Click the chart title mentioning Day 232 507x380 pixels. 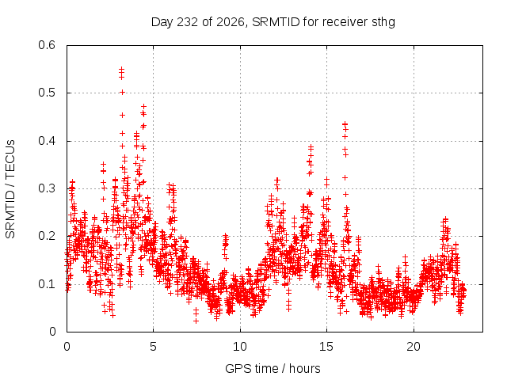pyautogui.click(x=273, y=22)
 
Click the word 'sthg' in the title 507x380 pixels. pyautogui.click(x=383, y=22)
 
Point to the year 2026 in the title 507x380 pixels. pyautogui.click(x=231, y=22)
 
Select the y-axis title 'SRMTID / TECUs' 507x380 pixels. pyautogui.click(x=10, y=189)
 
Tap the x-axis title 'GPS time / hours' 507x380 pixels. pyautogui.click(x=273, y=368)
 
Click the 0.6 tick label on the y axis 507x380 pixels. pyautogui.click(x=47, y=45)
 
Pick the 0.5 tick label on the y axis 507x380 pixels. pyautogui.click(x=47, y=93)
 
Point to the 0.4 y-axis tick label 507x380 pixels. pyautogui.click(x=47, y=141)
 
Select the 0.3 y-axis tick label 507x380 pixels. pyautogui.click(x=47, y=188)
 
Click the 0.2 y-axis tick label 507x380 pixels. pyautogui.click(x=47, y=236)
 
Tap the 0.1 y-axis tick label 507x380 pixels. pyautogui.click(x=47, y=284)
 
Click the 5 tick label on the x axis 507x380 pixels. pyautogui.click(x=153, y=347)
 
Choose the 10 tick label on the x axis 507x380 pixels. pyautogui.click(x=240, y=347)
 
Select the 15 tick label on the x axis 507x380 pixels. pyautogui.click(x=326, y=347)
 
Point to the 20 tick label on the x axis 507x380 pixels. pyautogui.click(x=414, y=347)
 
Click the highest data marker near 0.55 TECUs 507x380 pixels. pyautogui.click(x=121, y=69)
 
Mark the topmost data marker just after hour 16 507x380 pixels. pyautogui.click(x=345, y=123)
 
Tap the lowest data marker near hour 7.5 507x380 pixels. pyautogui.click(x=196, y=321)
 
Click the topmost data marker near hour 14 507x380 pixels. pyautogui.click(x=311, y=147)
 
